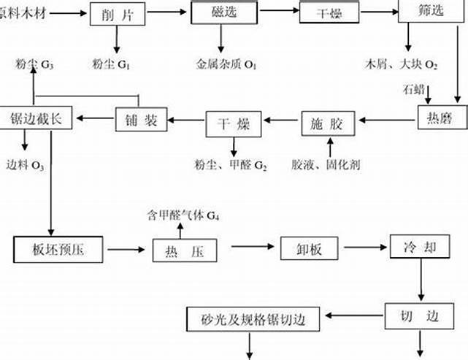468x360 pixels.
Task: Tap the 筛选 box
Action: pos(425,14)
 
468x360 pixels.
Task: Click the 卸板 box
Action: pos(302,248)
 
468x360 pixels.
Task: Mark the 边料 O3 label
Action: pos(26,165)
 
